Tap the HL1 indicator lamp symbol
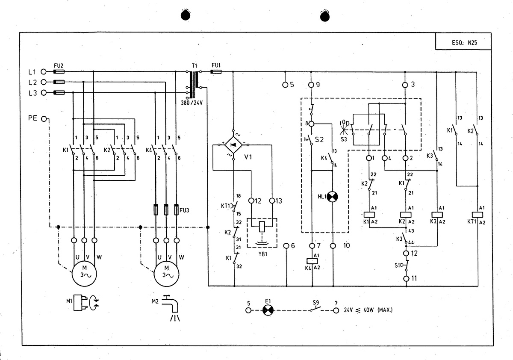[332, 197]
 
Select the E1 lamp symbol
[268, 310]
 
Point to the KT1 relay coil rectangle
[478, 215]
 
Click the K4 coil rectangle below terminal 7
[312, 261]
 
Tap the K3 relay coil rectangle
[437, 215]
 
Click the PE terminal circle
[44, 119]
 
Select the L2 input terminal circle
[44, 82]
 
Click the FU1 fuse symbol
[216, 72]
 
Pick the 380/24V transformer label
[192, 103]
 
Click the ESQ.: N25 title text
[464, 43]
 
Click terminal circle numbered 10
[333, 246]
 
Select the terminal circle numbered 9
[311, 85]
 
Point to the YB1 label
[263, 254]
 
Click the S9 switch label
[316, 303]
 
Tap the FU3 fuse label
[184, 210]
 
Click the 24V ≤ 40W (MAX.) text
[368, 310]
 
